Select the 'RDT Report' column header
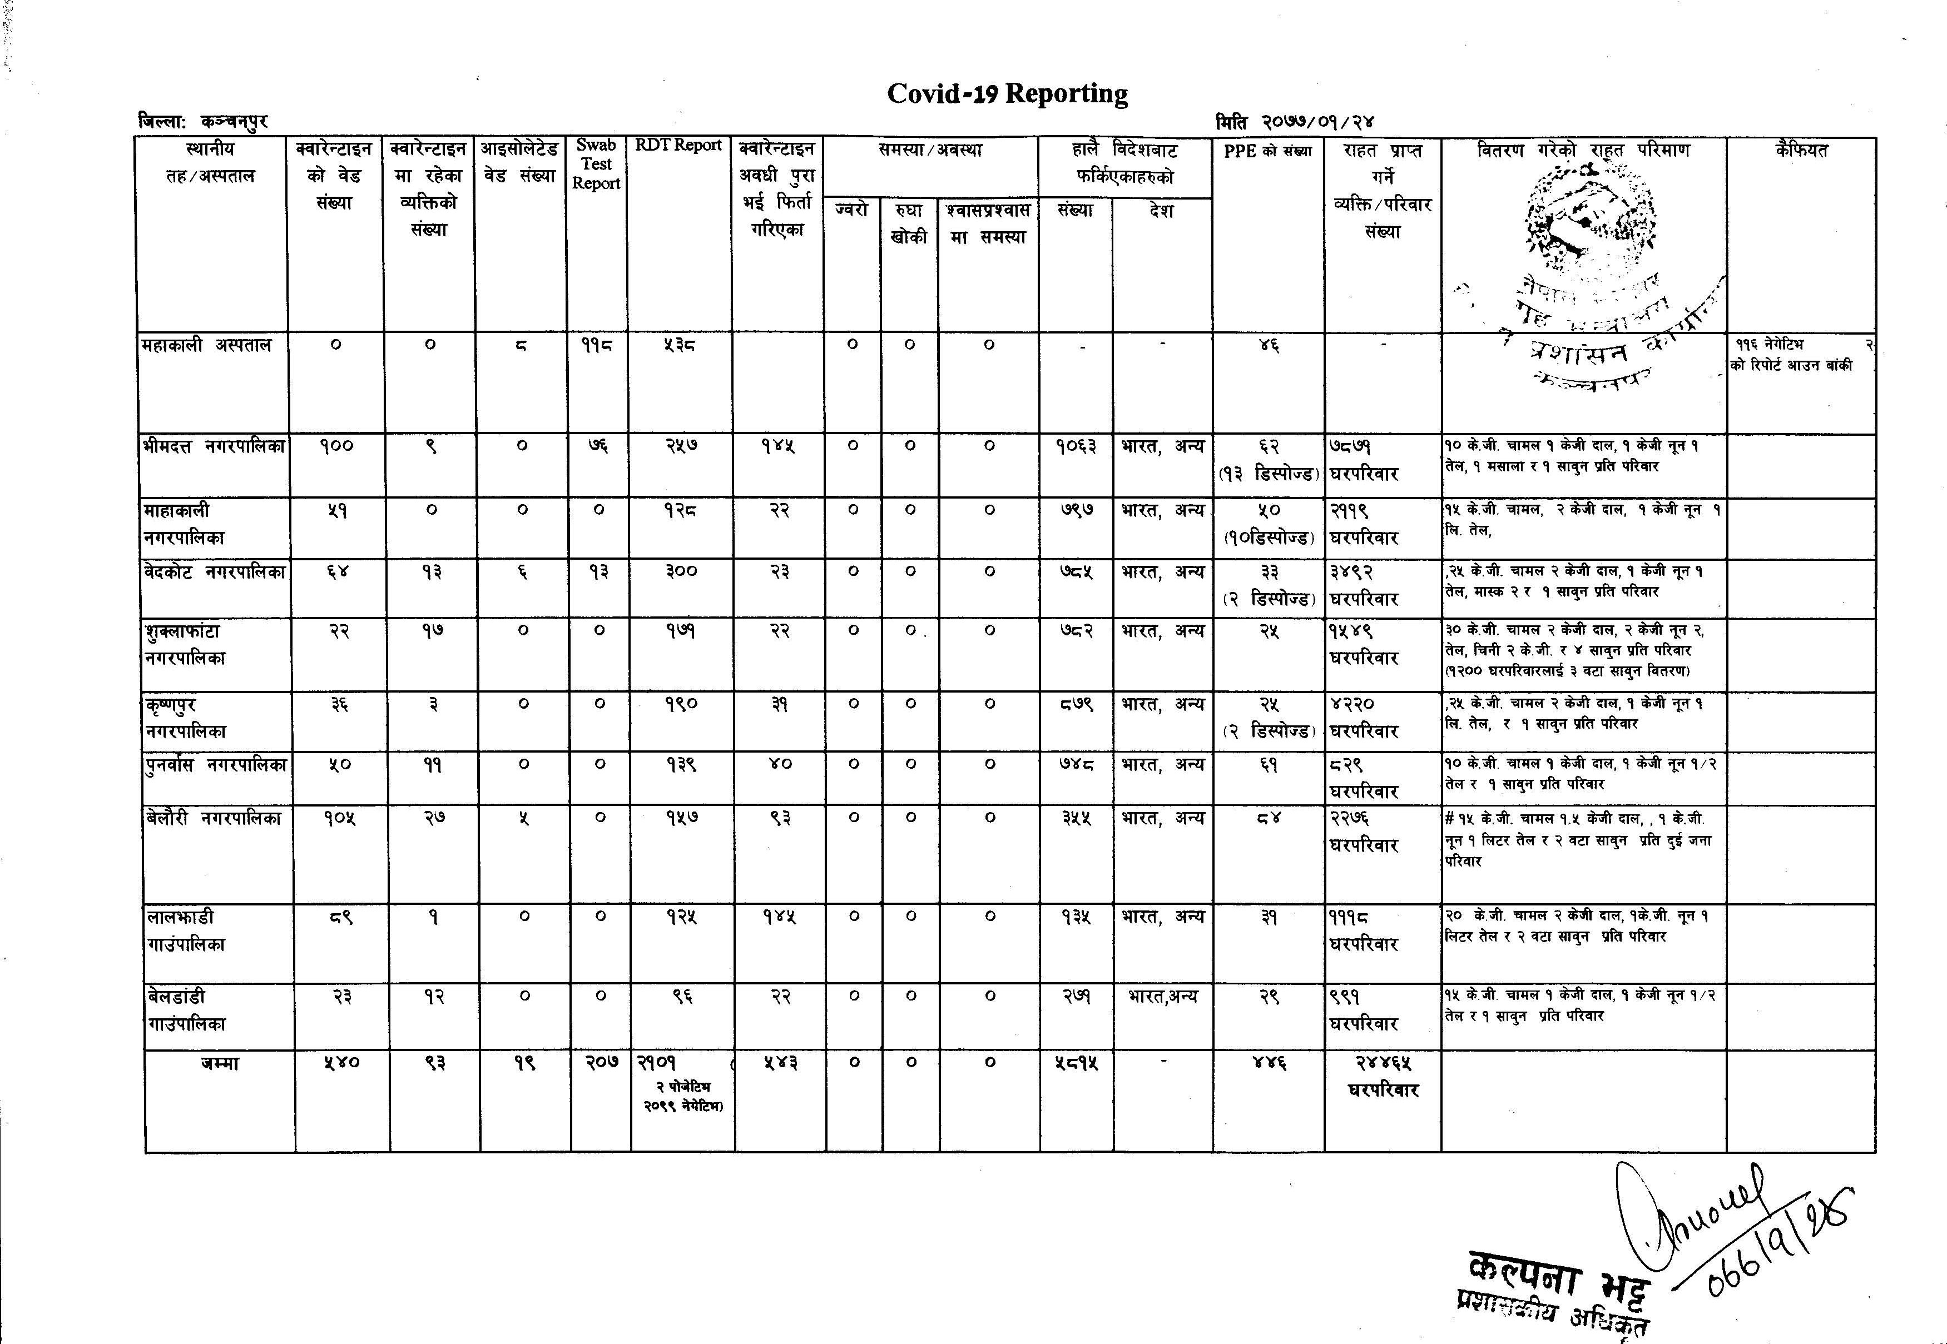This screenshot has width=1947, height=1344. tap(678, 145)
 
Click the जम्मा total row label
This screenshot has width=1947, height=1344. tap(220, 1063)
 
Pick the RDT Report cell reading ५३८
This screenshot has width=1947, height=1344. tap(678, 345)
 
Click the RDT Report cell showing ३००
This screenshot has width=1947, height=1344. tap(679, 572)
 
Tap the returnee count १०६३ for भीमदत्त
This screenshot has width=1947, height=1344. tap(1076, 446)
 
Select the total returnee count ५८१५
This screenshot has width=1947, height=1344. tap(1076, 1063)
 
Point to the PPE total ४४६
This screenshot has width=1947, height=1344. tap(1269, 1063)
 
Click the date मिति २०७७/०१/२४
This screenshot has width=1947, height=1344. tap(1295, 123)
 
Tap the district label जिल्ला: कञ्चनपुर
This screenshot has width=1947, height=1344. tap(202, 122)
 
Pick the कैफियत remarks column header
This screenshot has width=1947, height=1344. tap(1801, 151)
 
